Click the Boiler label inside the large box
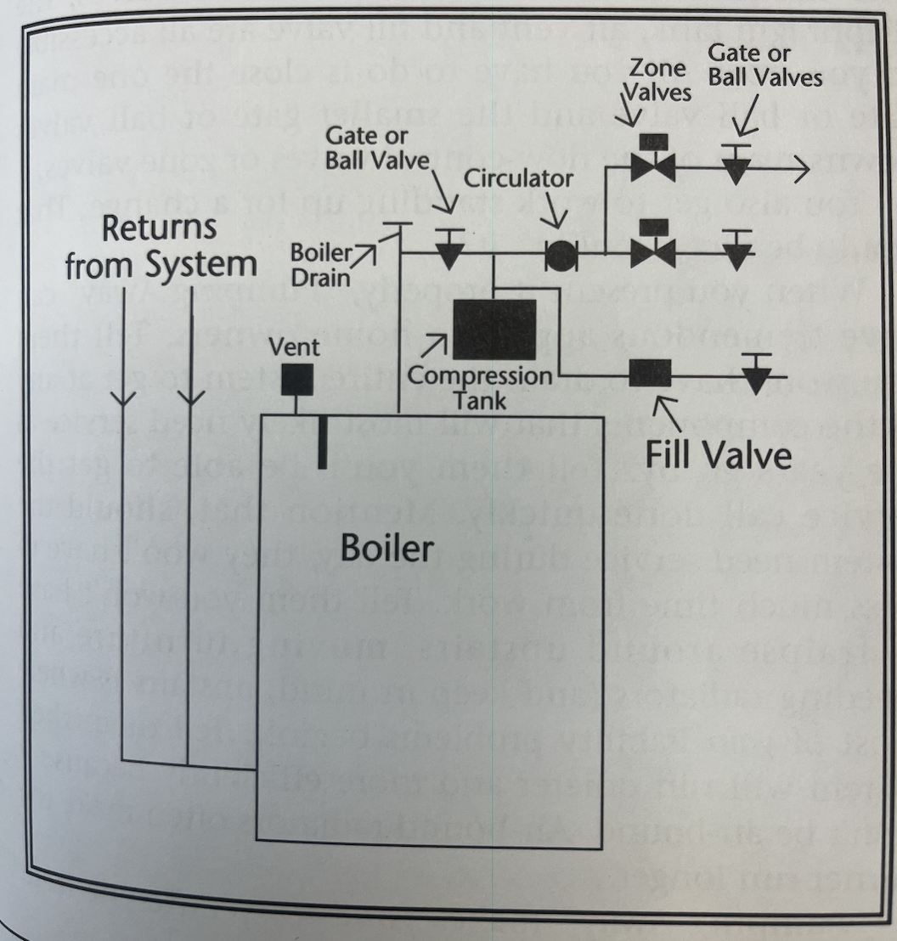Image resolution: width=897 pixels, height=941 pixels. tap(386, 548)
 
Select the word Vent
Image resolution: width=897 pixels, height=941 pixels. tap(293, 347)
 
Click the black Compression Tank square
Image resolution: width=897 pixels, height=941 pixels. tap(494, 330)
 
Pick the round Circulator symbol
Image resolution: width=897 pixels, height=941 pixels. tap(559, 256)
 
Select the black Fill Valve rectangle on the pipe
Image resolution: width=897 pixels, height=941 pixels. tap(650, 372)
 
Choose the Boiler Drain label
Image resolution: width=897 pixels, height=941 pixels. tap(315, 266)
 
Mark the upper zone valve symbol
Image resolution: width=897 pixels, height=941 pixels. tap(652, 166)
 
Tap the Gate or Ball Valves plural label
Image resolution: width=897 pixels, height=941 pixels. tap(764, 65)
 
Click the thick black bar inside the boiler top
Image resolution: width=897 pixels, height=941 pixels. tap(322, 442)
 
